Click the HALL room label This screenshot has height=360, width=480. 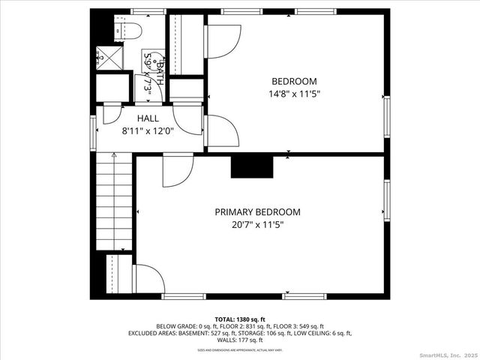[x=148, y=118]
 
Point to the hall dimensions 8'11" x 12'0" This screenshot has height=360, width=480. [x=148, y=130]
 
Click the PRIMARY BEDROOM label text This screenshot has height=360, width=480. [x=257, y=212]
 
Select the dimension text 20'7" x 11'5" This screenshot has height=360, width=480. [x=257, y=224]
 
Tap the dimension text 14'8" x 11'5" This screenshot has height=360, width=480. [x=294, y=94]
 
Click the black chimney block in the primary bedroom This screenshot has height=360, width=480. [x=250, y=167]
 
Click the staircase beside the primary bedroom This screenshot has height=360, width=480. [x=113, y=201]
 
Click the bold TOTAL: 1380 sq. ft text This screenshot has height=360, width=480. [x=240, y=319]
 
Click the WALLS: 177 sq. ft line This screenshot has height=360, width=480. [x=240, y=340]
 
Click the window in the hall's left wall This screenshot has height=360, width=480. [x=94, y=132]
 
